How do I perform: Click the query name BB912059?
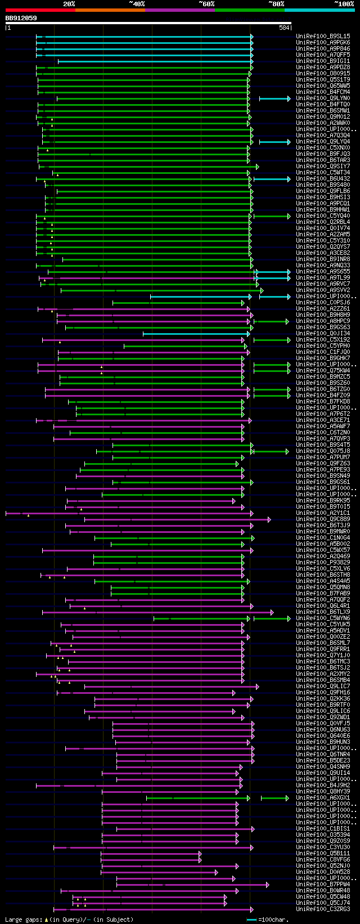pyautogui.click(x=21, y=18)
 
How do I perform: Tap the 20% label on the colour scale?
pyautogui.click(x=69, y=4)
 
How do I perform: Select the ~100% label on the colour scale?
pyautogui.click(x=344, y=4)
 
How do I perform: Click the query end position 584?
pyautogui.click(x=284, y=28)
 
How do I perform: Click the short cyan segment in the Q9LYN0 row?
pyautogui.click(x=274, y=98)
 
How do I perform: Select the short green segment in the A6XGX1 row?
pyautogui.click(x=274, y=798)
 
